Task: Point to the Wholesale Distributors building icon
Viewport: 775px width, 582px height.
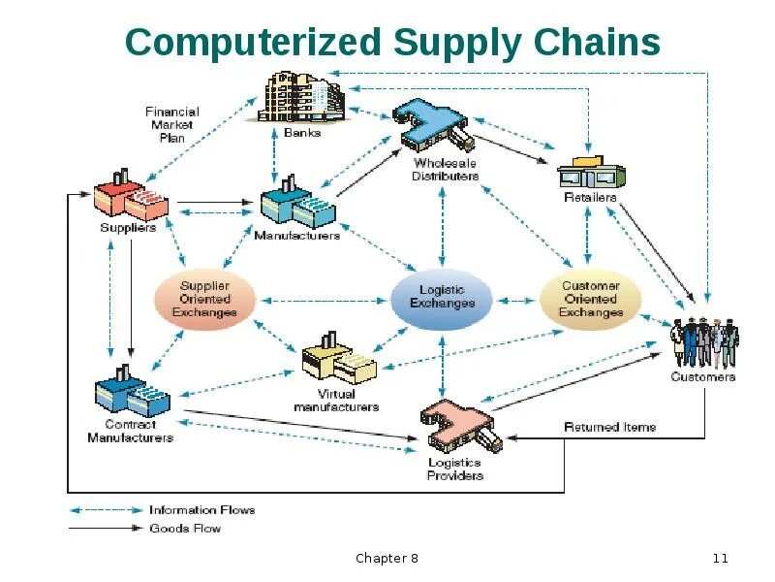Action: click(434, 127)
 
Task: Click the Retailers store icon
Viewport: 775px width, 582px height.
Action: click(590, 171)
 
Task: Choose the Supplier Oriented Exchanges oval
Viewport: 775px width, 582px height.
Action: click(204, 299)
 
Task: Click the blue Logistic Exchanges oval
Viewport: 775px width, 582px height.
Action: click(442, 297)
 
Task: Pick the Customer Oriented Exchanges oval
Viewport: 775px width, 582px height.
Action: click(590, 299)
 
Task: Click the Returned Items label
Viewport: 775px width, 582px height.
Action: click(609, 427)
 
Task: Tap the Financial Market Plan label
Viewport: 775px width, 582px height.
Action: click(171, 124)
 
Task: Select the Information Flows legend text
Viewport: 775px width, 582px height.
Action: click(201, 509)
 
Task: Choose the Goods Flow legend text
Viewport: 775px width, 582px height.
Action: click(184, 529)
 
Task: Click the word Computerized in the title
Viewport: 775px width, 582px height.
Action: click(254, 43)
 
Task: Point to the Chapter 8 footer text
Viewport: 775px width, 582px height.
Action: click(387, 558)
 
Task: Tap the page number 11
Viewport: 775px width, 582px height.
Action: click(720, 558)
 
